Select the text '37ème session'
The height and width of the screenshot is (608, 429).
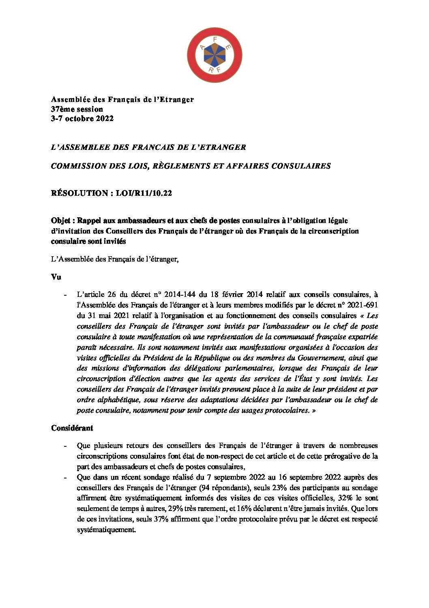(x=77, y=109)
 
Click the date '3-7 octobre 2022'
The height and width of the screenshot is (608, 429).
(x=82, y=119)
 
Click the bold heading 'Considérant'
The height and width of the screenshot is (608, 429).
(x=72, y=428)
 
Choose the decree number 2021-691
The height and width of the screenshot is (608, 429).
(x=363, y=305)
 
